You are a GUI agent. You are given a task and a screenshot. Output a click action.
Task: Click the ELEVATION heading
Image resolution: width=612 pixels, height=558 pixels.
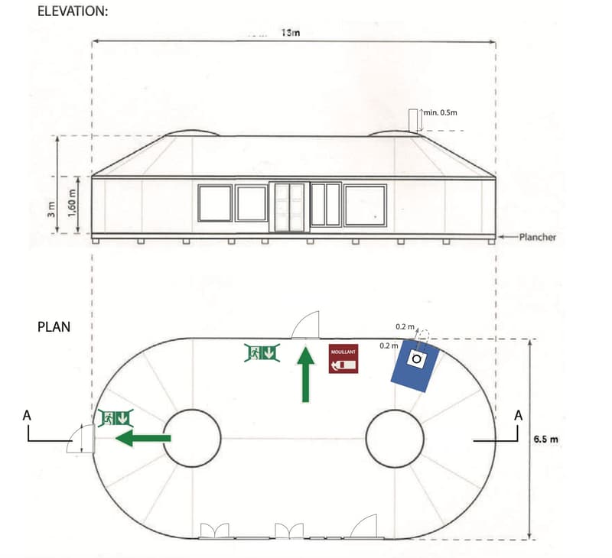(73, 11)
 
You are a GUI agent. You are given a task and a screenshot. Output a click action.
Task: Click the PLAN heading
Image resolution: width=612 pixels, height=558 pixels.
(54, 326)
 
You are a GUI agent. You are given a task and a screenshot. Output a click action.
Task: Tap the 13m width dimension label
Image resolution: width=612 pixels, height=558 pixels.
(291, 33)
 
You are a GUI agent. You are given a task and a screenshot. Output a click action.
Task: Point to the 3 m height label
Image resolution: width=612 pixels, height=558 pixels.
(51, 209)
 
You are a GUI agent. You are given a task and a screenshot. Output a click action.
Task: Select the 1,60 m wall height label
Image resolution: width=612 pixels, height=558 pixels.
(71, 204)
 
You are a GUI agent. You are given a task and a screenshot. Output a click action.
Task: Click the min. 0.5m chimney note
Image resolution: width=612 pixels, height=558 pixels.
(441, 112)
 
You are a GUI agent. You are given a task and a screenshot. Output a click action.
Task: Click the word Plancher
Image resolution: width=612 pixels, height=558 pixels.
(538, 237)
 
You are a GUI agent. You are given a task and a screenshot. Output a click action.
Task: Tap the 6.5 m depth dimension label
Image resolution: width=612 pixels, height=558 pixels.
(545, 439)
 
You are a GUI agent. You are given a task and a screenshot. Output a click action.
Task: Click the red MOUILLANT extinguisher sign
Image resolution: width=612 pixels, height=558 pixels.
(343, 358)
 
